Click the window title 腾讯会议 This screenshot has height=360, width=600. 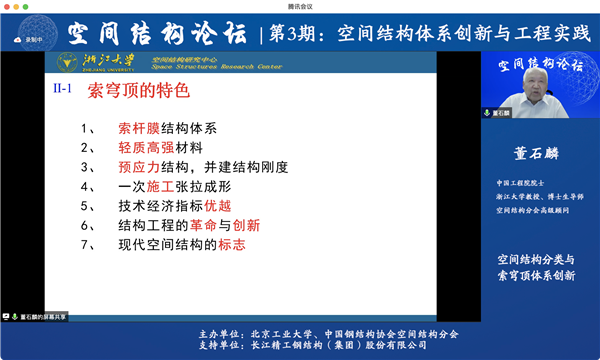(x=300, y=5)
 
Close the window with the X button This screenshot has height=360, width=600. (x=590, y=5)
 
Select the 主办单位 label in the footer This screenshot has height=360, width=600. (x=219, y=332)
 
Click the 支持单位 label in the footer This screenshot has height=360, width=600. (x=219, y=346)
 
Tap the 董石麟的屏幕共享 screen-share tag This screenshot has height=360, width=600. (x=37, y=317)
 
